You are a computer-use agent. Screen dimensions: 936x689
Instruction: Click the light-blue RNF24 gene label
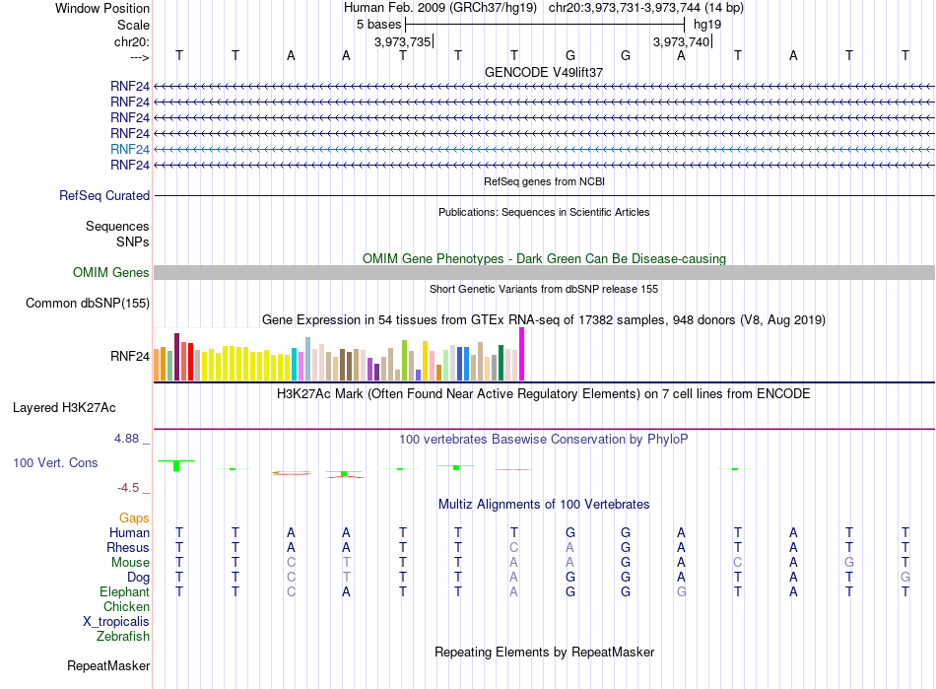[x=129, y=149]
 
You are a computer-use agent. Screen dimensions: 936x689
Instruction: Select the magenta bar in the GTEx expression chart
[x=522, y=354]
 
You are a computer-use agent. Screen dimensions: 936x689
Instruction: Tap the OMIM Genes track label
[x=111, y=273]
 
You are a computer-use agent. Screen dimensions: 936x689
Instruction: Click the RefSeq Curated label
[x=104, y=196]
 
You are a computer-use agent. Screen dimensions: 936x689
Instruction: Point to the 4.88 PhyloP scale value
[x=126, y=439]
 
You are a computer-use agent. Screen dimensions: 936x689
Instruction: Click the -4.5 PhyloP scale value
[x=128, y=488]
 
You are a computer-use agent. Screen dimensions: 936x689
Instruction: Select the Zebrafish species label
[x=123, y=637]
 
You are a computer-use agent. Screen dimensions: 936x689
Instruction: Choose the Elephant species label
[x=125, y=592]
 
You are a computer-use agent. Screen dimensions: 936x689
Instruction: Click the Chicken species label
[x=126, y=606]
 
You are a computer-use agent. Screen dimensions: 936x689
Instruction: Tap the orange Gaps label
[x=134, y=518]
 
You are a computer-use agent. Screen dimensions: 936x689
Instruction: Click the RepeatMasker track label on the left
[x=108, y=666]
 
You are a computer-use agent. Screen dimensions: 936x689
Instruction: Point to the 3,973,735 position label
[x=402, y=41]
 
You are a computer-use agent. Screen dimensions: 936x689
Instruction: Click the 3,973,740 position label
[x=681, y=41]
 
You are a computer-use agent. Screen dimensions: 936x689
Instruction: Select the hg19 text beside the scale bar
[x=707, y=25]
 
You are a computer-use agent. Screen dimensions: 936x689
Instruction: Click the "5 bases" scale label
[x=379, y=25]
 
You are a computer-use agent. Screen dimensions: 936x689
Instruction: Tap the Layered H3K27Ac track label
[x=64, y=408]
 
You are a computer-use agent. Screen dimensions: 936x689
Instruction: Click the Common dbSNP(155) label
[x=88, y=304]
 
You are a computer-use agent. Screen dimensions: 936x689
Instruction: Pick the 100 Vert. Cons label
[x=55, y=462]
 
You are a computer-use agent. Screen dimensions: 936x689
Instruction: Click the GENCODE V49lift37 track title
[x=544, y=72]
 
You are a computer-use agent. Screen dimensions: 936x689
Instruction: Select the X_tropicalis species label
[x=116, y=622]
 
